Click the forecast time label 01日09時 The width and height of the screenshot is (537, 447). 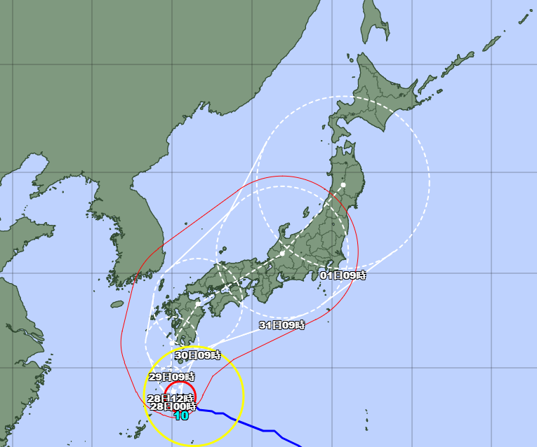click(343, 275)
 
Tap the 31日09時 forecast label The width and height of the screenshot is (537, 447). click(281, 324)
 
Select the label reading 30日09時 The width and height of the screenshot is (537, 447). click(197, 355)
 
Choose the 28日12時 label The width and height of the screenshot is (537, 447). click(170, 398)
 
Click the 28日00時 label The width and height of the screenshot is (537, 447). click(173, 406)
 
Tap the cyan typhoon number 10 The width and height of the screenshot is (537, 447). click(181, 415)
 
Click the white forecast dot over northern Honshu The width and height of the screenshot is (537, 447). click(344, 185)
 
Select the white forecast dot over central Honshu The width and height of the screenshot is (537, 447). click(281, 252)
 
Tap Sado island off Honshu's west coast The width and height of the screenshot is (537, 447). click(306, 211)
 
